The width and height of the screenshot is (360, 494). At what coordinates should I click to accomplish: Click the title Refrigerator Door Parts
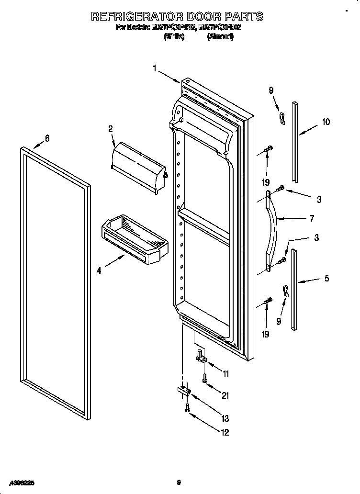(x=177, y=16)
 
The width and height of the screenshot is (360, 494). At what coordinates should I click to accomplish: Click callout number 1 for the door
(x=155, y=68)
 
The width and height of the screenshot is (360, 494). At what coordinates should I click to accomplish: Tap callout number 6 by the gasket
(x=47, y=138)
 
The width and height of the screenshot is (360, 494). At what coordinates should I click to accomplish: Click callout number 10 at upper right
(x=326, y=122)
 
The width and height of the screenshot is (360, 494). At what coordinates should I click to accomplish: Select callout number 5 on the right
(x=326, y=278)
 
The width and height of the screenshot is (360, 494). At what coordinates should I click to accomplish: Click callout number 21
(x=225, y=395)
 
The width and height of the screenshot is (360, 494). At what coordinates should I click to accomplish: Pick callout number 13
(x=225, y=419)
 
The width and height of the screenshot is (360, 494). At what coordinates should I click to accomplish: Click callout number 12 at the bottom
(x=224, y=432)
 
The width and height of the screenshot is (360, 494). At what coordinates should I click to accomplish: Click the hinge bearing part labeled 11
(x=202, y=356)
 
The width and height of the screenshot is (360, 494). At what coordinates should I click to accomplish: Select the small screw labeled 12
(x=188, y=407)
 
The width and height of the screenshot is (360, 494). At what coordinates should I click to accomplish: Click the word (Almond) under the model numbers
(x=220, y=37)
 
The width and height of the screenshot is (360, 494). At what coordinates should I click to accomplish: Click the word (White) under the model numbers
(x=174, y=37)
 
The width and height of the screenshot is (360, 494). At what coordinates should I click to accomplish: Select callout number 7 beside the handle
(x=312, y=219)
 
